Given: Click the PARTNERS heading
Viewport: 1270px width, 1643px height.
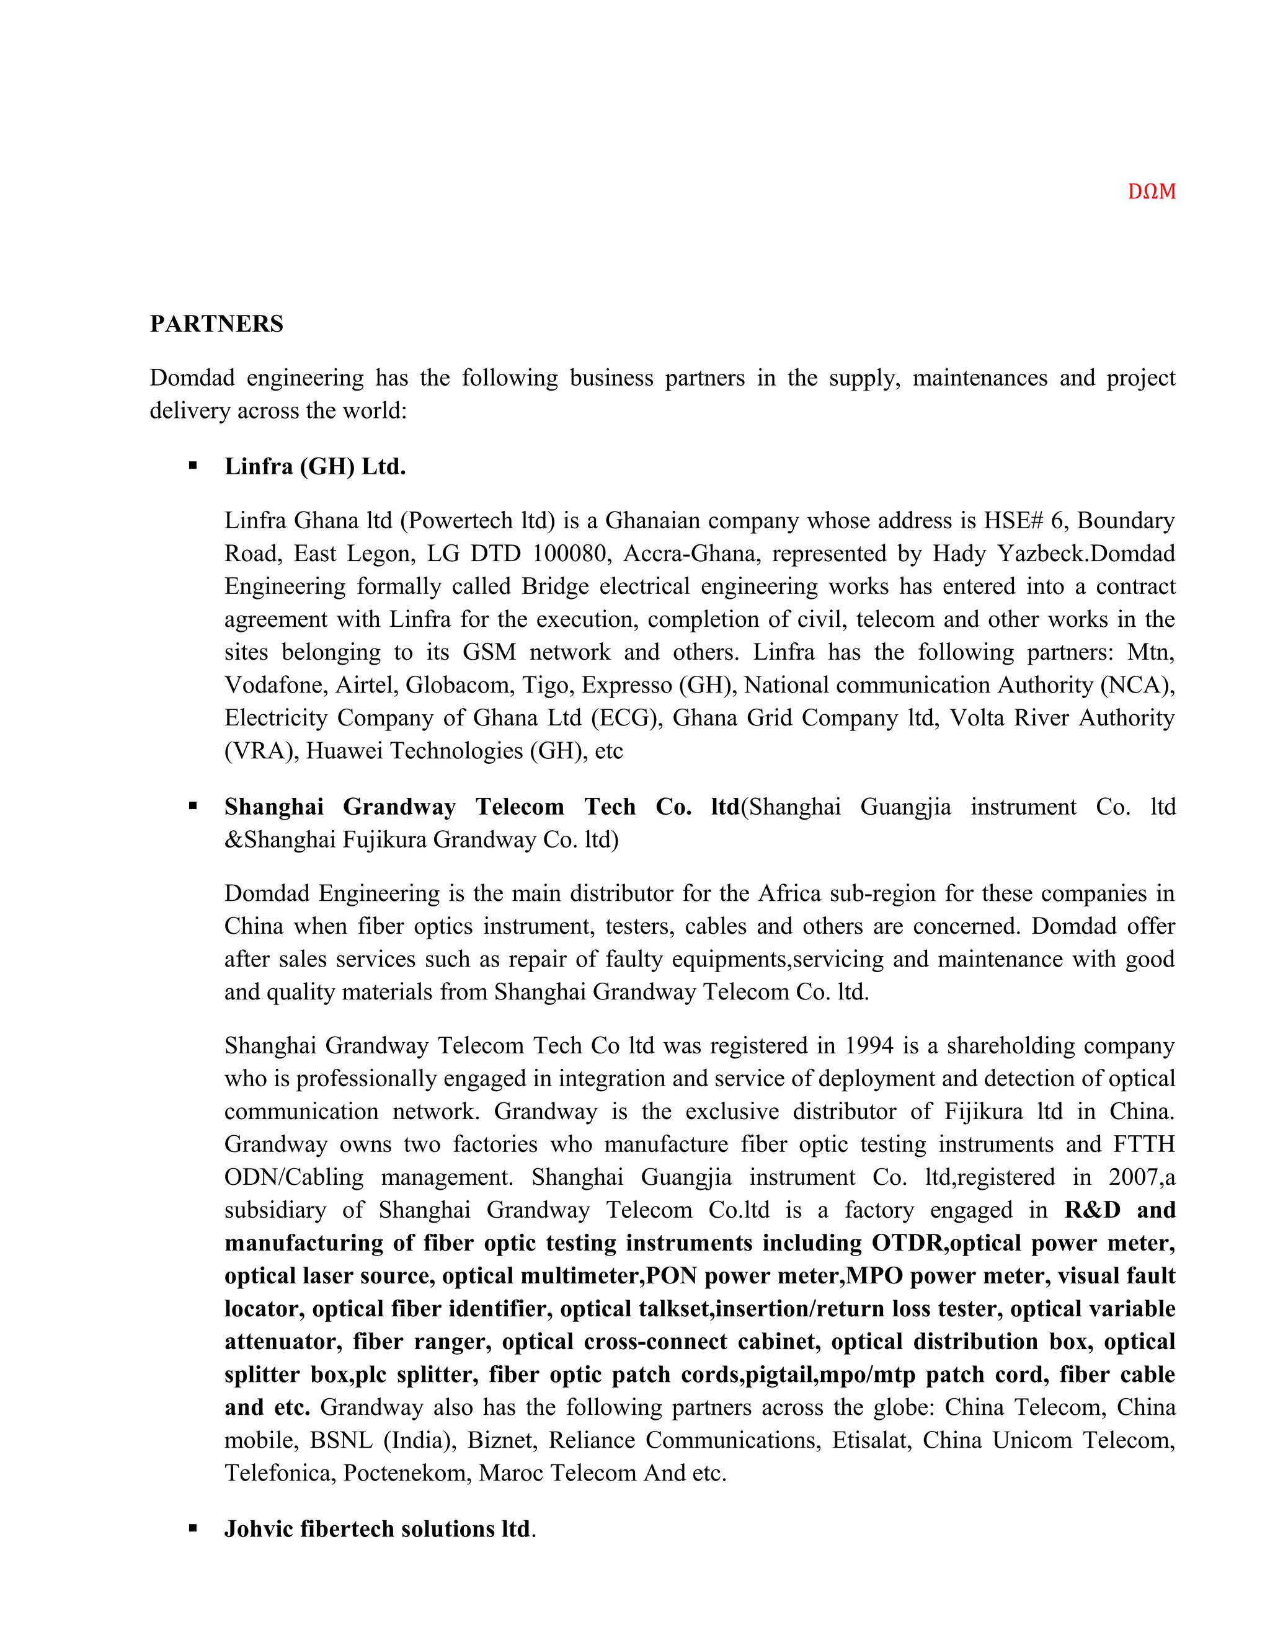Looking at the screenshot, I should pyautogui.click(x=216, y=324).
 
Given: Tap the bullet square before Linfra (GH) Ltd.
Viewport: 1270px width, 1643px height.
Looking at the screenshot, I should pyautogui.click(x=193, y=466).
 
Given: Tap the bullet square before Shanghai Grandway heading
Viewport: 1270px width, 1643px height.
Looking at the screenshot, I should pyautogui.click(x=193, y=807).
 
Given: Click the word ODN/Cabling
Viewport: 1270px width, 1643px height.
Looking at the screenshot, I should pyautogui.click(x=293, y=1177).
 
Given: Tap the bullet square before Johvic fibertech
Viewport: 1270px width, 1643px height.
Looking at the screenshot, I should pyautogui.click(x=193, y=1529).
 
